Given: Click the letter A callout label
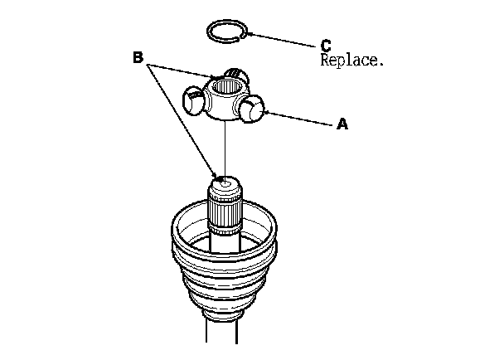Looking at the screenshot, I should pos(341,124).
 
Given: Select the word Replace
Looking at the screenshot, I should pos(350,61).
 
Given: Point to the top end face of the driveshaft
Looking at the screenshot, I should pos(224,182).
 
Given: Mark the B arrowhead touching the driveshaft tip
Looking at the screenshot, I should pos(218,177).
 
